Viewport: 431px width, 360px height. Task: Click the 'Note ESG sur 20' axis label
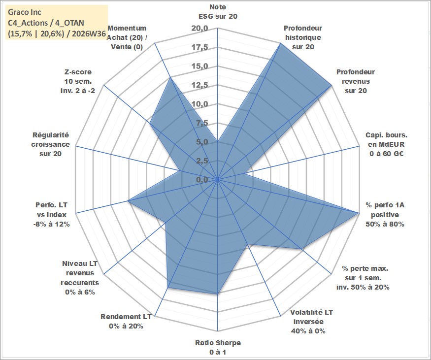click(x=218, y=11)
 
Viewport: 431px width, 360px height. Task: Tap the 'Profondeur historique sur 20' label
click(x=303, y=37)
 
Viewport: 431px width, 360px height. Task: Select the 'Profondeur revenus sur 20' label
click(x=356, y=81)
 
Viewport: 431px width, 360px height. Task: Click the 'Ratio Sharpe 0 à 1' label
click(x=218, y=347)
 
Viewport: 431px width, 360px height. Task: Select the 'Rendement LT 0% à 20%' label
click(x=126, y=322)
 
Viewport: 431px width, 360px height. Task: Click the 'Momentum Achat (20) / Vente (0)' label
click(x=127, y=37)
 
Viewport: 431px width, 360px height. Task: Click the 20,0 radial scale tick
click(x=199, y=28)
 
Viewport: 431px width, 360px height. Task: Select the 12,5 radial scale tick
click(x=199, y=85)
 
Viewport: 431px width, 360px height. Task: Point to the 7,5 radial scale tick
click(x=202, y=123)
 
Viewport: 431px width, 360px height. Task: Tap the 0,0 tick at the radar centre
click(x=202, y=180)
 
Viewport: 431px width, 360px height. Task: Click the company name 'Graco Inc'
click(x=25, y=12)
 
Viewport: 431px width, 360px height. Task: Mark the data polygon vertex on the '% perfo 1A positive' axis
click(x=359, y=213)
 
